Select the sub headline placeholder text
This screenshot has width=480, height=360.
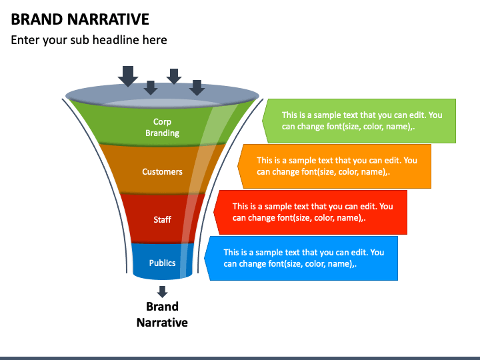(x=89, y=40)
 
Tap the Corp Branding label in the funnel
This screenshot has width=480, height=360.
(x=162, y=127)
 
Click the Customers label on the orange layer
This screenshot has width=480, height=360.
(x=162, y=171)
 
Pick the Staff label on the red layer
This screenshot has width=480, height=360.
(x=162, y=219)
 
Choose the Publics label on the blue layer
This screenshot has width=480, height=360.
(x=162, y=263)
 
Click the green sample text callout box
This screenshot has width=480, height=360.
(x=361, y=121)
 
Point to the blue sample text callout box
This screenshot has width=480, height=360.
(x=303, y=258)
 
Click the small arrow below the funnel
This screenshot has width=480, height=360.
(x=162, y=291)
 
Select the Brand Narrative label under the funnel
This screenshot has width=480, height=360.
(x=162, y=315)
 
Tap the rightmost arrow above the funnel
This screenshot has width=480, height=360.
(x=197, y=87)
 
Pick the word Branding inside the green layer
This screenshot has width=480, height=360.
(x=162, y=133)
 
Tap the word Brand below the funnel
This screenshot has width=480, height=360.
(x=162, y=307)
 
